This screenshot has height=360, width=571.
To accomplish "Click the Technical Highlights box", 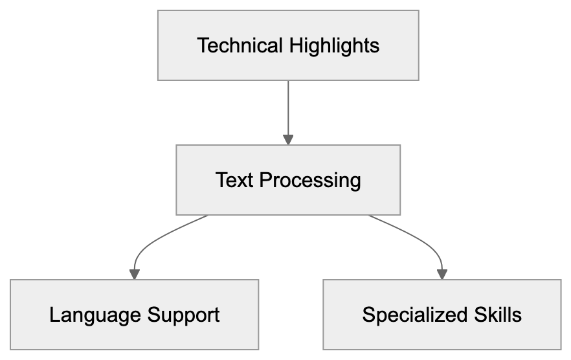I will [288, 45].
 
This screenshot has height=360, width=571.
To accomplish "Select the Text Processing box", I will [288, 179].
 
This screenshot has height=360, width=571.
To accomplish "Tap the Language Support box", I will [135, 315].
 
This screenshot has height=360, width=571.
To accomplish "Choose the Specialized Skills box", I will [442, 315].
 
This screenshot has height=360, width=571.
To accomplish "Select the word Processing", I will [310, 180].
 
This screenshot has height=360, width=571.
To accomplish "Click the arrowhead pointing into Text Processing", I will [288, 139].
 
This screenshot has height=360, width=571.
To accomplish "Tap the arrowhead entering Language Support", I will [135, 275].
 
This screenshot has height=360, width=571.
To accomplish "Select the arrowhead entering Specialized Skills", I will [442, 275].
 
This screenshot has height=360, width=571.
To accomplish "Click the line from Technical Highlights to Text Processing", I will [288, 107].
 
